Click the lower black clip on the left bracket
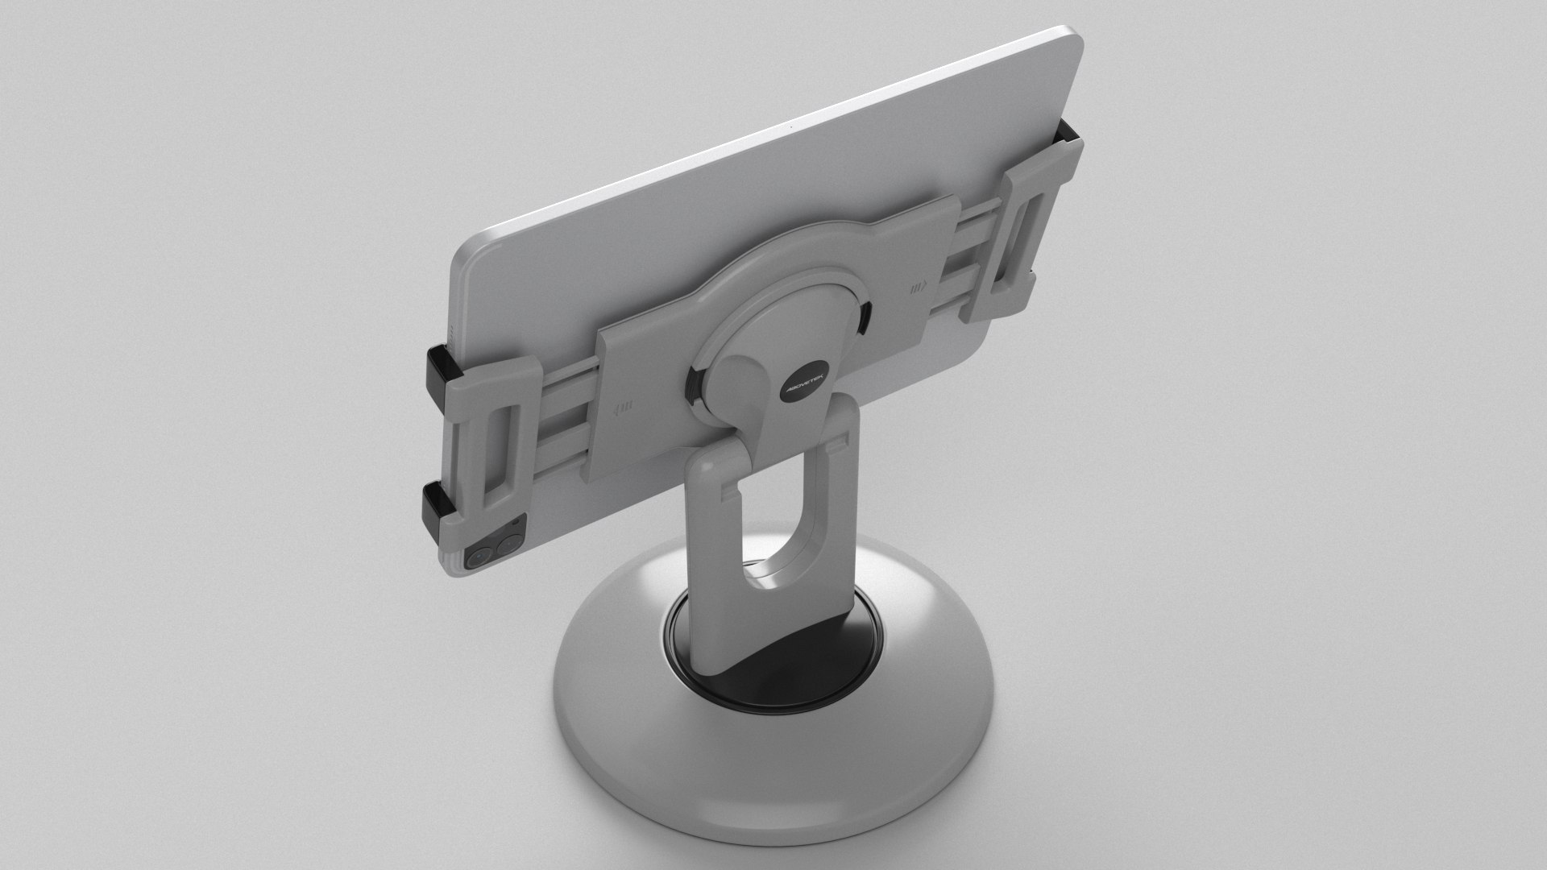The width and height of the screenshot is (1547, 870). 437,505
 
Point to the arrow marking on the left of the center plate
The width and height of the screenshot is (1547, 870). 624,407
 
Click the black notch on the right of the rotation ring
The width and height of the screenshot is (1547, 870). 865,317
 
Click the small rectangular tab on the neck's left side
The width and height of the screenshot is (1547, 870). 729,487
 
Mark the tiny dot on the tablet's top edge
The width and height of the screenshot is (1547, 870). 790,130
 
